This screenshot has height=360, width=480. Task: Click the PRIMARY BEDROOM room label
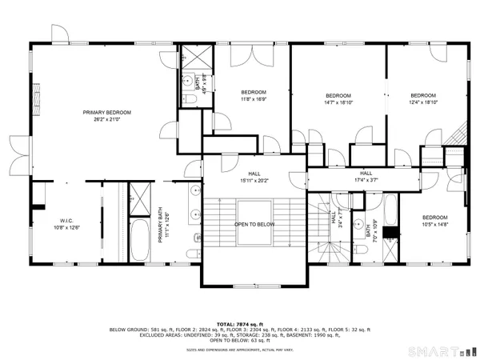point(106,112)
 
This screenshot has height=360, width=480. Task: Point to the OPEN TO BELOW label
point(254,224)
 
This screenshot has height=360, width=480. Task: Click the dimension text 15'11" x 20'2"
point(254,180)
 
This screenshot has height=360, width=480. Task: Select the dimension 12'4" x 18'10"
point(423,102)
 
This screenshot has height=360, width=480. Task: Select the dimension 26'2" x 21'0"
point(106,120)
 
